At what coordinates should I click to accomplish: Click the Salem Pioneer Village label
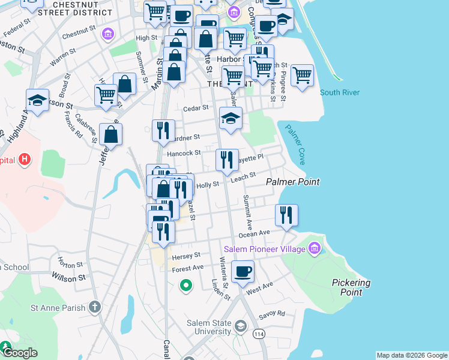point(264,248)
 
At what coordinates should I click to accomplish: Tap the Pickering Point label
point(351,287)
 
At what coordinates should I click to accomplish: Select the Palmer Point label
point(293,181)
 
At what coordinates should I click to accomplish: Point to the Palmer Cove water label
point(295,145)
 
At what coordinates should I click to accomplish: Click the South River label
point(339,92)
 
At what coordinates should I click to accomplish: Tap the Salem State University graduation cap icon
point(240,327)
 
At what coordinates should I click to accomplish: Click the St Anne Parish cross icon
point(94,308)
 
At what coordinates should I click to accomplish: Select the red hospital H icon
point(24,160)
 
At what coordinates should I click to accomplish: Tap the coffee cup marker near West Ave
point(243,272)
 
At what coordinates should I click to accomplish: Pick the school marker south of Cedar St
point(231,118)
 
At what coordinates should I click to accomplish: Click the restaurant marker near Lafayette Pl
point(227,160)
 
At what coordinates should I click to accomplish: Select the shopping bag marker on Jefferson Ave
point(111,134)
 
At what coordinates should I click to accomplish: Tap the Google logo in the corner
point(19,353)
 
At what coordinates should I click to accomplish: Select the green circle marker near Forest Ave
point(186,286)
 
